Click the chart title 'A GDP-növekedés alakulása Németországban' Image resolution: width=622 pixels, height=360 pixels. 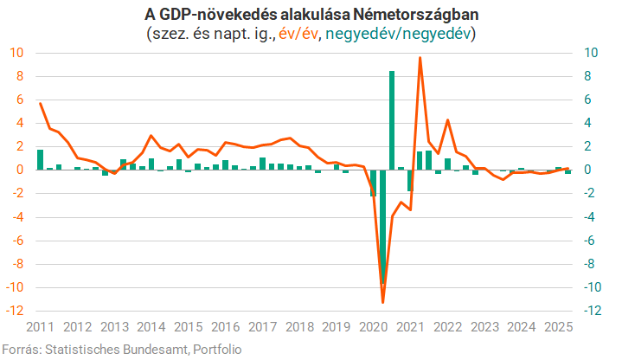point(311,16)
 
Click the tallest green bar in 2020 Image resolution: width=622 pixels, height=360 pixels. point(392,120)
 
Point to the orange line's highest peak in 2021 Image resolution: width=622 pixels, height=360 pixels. point(420,58)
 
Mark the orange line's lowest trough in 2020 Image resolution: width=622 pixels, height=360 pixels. point(382,302)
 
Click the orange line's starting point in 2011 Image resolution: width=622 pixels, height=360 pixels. point(41,103)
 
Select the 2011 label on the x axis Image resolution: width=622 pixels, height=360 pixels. point(40,327)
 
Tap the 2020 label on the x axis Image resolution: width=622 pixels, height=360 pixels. point(372,327)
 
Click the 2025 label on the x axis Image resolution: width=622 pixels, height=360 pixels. point(556,327)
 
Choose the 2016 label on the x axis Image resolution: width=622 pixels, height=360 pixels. point(224,327)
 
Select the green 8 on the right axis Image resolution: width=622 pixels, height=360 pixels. point(587,76)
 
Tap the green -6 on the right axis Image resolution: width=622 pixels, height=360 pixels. point(590,241)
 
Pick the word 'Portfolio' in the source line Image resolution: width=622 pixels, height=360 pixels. point(217,349)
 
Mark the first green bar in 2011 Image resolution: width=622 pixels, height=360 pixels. point(41,160)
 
